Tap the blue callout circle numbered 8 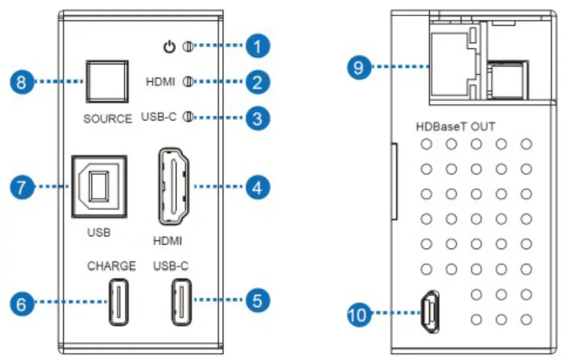(22, 82)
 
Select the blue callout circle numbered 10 (359, 315)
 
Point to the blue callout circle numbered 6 (22, 302)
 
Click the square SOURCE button (107, 82)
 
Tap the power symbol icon (169, 46)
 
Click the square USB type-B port (99, 187)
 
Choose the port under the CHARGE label (119, 302)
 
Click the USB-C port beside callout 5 (181, 302)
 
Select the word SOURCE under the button (107, 118)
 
